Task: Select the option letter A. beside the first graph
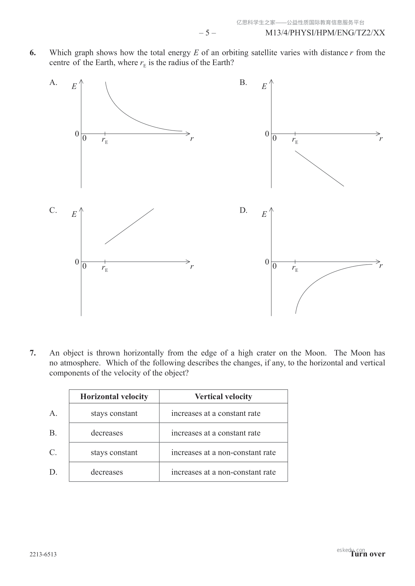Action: [x=53, y=82]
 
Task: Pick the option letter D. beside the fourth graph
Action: [x=243, y=210]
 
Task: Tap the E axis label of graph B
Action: [x=264, y=86]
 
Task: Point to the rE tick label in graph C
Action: [x=105, y=268]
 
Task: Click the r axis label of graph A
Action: [x=192, y=138]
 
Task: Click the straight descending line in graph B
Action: [x=319, y=168]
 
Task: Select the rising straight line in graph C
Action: [x=129, y=226]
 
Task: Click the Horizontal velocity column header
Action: [x=114, y=397]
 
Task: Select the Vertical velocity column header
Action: [x=223, y=397]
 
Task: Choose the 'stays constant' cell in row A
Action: [x=114, y=413]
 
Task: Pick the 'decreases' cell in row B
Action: [x=107, y=433]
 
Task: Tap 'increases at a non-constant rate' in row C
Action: [x=223, y=452]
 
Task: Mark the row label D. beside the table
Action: [x=53, y=472]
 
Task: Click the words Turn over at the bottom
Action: [x=368, y=554]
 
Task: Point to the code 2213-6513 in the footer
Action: [x=43, y=554]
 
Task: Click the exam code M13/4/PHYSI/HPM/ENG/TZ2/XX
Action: [x=325, y=33]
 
